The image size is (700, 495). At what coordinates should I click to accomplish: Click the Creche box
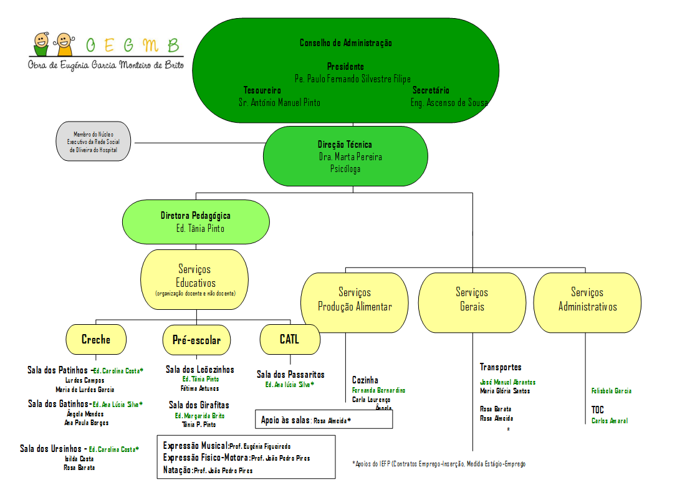pyautogui.click(x=96, y=340)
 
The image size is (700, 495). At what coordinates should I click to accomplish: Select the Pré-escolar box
pyautogui.click(x=196, y=340)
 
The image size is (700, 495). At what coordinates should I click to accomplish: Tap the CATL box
pyautogui.click(x=290, y=340)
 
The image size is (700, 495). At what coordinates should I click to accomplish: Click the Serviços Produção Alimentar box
pyautogui.click(x=355, y=300)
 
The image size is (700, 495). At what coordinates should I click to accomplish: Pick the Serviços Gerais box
pyautogui.click(x=472, y=300)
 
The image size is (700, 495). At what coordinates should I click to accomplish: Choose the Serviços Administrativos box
pyautogui.click(x=587, y=300)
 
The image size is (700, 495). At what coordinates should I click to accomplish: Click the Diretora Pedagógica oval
pyautogui.click(x=196, y=222)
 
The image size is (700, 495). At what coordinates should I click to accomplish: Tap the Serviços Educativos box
pyautogui.click(x=196, y=279)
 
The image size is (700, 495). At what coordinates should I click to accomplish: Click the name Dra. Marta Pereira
pyautogui.click(x=350, y=156)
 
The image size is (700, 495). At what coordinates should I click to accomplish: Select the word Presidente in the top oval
pyautogui.click(x=345, y=66)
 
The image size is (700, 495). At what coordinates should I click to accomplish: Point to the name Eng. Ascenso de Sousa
pyautogui.click(x=449, y=102)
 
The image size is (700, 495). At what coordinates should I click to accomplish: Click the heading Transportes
pyautogui.click(x=501, y=367)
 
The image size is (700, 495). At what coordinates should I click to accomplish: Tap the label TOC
pyautogui.click(x=598, y=410)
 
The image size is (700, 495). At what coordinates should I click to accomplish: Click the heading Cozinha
pyautogui.click(x=365, y=380)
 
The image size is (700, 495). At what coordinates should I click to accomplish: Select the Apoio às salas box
pyautogui.click(x=324, y=420)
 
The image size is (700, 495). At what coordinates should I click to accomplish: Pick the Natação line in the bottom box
pyautogui.click(x=208, y=471)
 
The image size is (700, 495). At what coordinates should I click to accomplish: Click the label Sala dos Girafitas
pyautogui.click(x=199, y=405)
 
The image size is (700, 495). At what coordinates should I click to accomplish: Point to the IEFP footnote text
pyautogui.click(x=439, y=464)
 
